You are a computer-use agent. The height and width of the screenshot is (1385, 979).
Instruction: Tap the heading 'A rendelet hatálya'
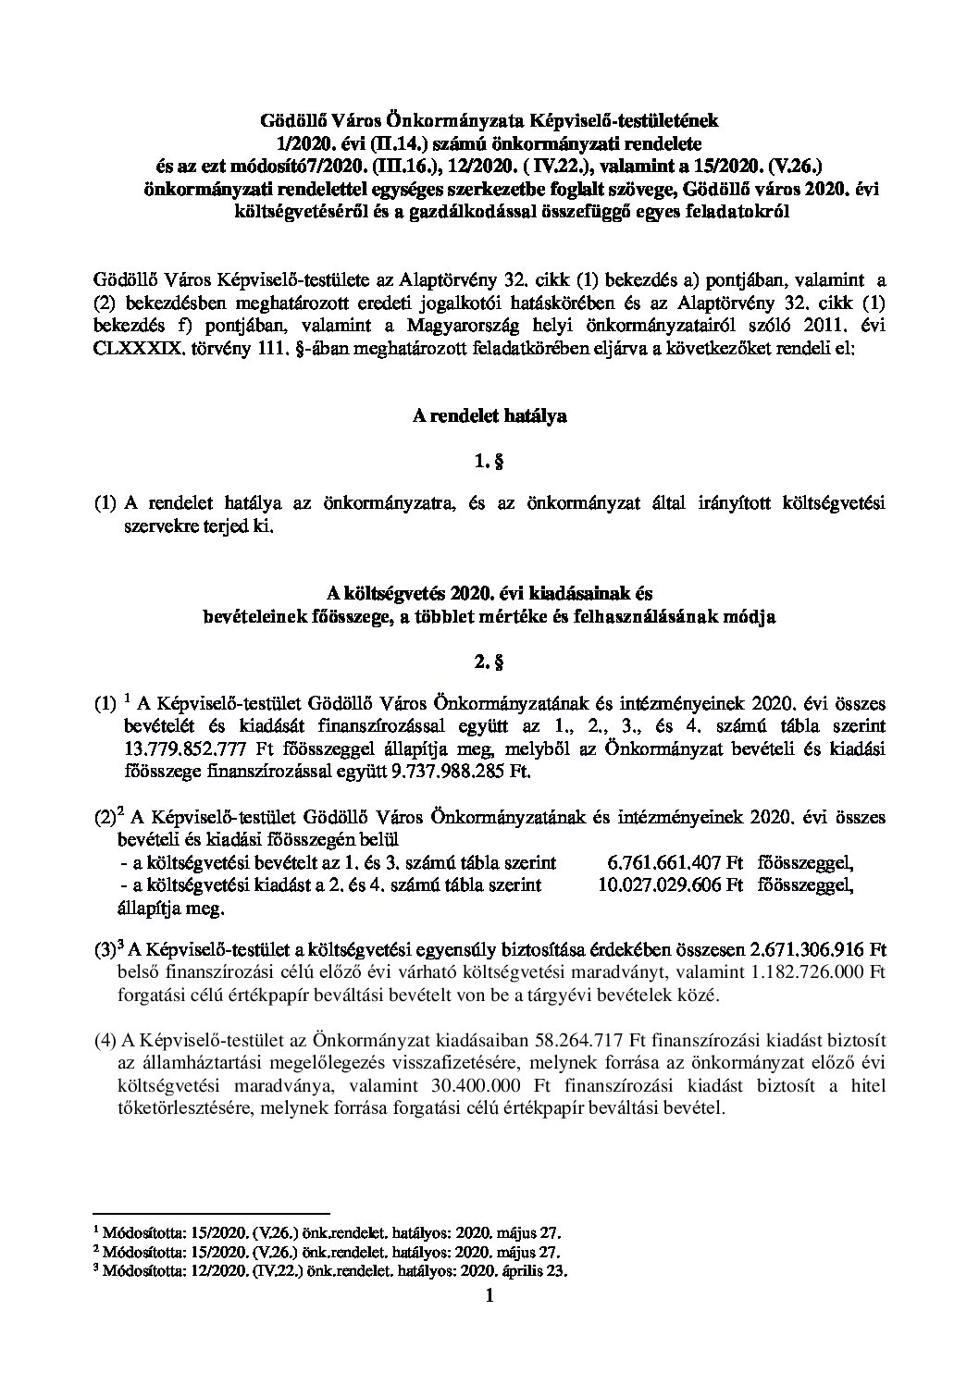tap(489, 415)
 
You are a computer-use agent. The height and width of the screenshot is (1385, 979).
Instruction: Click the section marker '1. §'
tap(489, 459)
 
